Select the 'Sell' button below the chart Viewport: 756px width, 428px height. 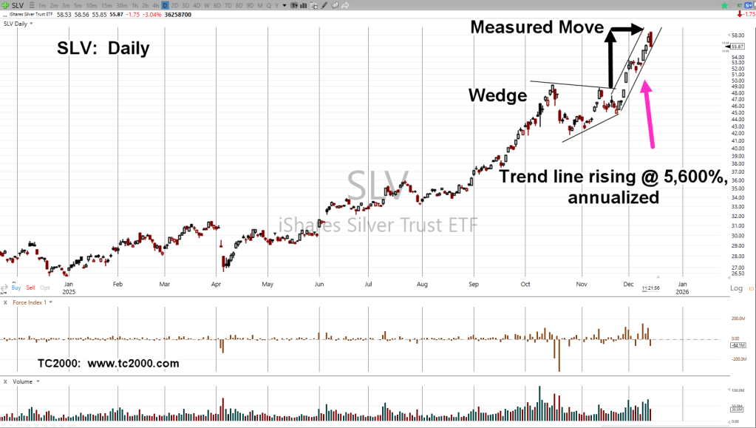pyautogui.click(x=30, y=287)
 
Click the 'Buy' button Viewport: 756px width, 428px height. pyautogui.click(x=16, y=287)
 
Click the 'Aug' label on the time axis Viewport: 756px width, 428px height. pyautogui.click(x=422, y=283)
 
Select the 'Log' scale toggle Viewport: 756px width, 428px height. pyautogui.click(x=736, y=288)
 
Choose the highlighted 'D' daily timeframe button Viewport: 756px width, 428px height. pyautogui.click(x=165, y=5)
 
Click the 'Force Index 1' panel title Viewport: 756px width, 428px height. pyautogui.click(x=30, y=302)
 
